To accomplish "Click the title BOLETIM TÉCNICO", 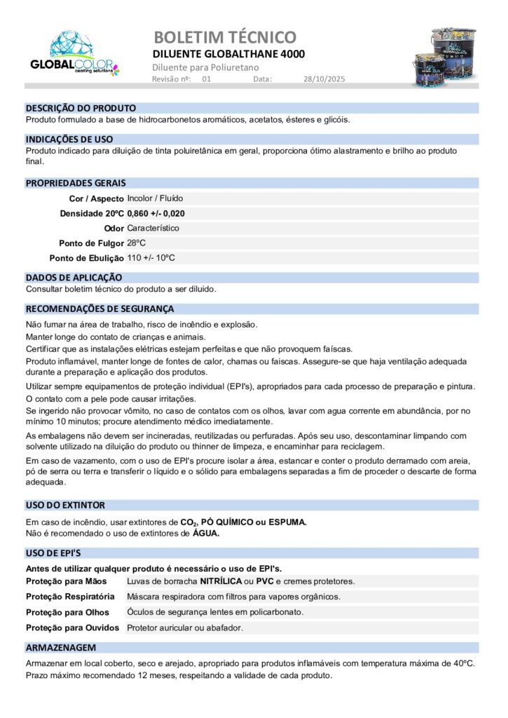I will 224,37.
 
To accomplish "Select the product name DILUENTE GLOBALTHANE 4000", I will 228,54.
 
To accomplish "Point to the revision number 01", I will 207,80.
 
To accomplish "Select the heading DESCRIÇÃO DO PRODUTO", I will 81,109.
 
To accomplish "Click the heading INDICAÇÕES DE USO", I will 69,140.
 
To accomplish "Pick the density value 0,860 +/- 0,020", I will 156,213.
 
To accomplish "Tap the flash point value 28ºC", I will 137,243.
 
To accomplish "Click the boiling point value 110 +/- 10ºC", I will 151,257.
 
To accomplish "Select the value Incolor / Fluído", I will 155,198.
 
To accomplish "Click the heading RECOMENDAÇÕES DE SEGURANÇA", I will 99,309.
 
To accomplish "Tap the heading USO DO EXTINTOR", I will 65,505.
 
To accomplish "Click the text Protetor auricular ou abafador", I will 185,628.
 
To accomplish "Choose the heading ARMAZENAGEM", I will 60,647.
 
